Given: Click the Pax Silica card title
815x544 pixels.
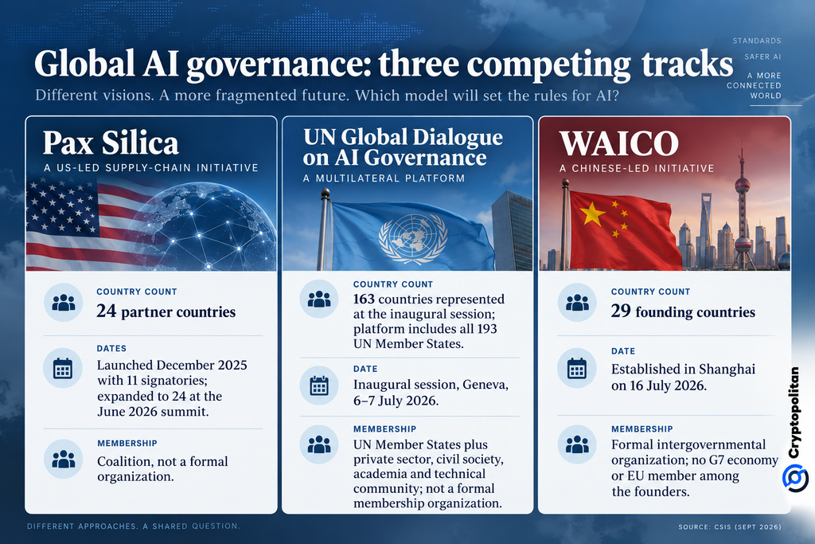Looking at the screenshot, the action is click(111, 143).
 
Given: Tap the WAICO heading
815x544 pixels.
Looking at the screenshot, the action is click(619, 143).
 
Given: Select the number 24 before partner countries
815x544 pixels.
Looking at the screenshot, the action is click(107, 311).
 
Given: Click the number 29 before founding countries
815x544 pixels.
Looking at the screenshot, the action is click(621, 311).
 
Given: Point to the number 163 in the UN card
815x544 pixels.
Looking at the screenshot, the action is click(364, 299).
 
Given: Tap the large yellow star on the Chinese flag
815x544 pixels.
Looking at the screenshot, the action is click(592, 213).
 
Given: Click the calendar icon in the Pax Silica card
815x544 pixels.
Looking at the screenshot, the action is click(63, 368).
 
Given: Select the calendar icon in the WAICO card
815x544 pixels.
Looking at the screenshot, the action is click(577, 368).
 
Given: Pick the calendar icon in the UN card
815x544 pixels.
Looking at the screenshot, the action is click(319, 385).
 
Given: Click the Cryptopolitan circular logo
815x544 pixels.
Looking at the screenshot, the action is click(795, 478).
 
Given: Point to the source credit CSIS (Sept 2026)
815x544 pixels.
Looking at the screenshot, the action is click(729, 526).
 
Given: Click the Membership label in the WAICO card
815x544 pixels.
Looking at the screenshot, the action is click(642, 429).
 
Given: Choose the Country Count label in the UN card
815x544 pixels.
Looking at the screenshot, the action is click(393, 284).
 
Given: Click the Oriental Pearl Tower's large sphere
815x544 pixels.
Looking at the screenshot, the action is click(743, 184).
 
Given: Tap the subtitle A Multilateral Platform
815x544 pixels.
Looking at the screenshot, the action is click(384, 178).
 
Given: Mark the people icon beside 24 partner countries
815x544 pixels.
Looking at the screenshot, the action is click(64, 303).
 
